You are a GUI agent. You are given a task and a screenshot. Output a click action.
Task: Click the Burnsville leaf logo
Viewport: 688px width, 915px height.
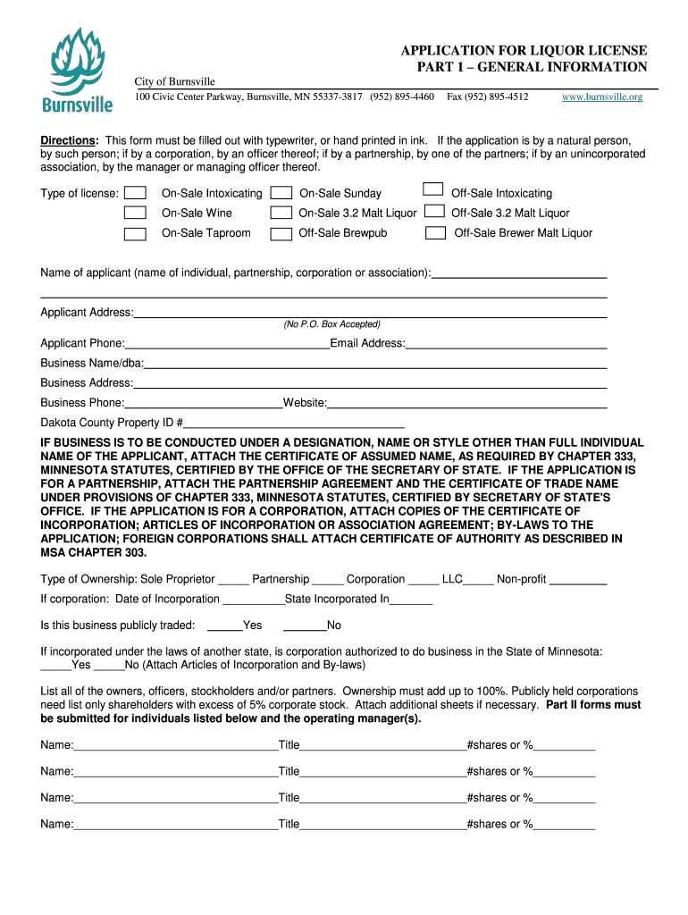(x=78, y=69)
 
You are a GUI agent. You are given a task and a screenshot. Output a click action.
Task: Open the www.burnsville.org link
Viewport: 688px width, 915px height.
(x=601, y=97)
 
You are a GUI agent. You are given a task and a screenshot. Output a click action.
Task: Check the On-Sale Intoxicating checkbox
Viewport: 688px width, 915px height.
(x=136, y=193)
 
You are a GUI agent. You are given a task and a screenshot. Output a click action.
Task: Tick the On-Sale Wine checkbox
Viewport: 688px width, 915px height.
(x=136, y=213)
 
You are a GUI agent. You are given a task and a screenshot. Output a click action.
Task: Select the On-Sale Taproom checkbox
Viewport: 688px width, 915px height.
(x=136, y=233)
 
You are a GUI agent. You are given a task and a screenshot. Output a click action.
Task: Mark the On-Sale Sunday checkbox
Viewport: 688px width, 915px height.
(x=281, y=193)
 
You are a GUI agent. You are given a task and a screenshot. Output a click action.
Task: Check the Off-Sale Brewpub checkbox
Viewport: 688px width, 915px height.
(x=281, y=233)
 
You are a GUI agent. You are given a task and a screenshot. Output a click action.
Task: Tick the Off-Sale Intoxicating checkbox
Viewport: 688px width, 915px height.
(x=433, y=189)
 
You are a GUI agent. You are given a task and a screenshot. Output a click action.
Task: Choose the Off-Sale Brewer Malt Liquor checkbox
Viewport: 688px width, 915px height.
(x=436, y=233)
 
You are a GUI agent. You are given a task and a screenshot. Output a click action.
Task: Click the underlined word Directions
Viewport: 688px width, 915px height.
(x=69, y=141)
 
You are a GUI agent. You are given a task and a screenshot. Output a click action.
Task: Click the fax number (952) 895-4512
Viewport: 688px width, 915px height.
(x=488, y=97)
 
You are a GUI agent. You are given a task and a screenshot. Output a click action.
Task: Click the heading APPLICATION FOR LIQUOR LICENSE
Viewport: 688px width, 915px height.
(x=524, y=51)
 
